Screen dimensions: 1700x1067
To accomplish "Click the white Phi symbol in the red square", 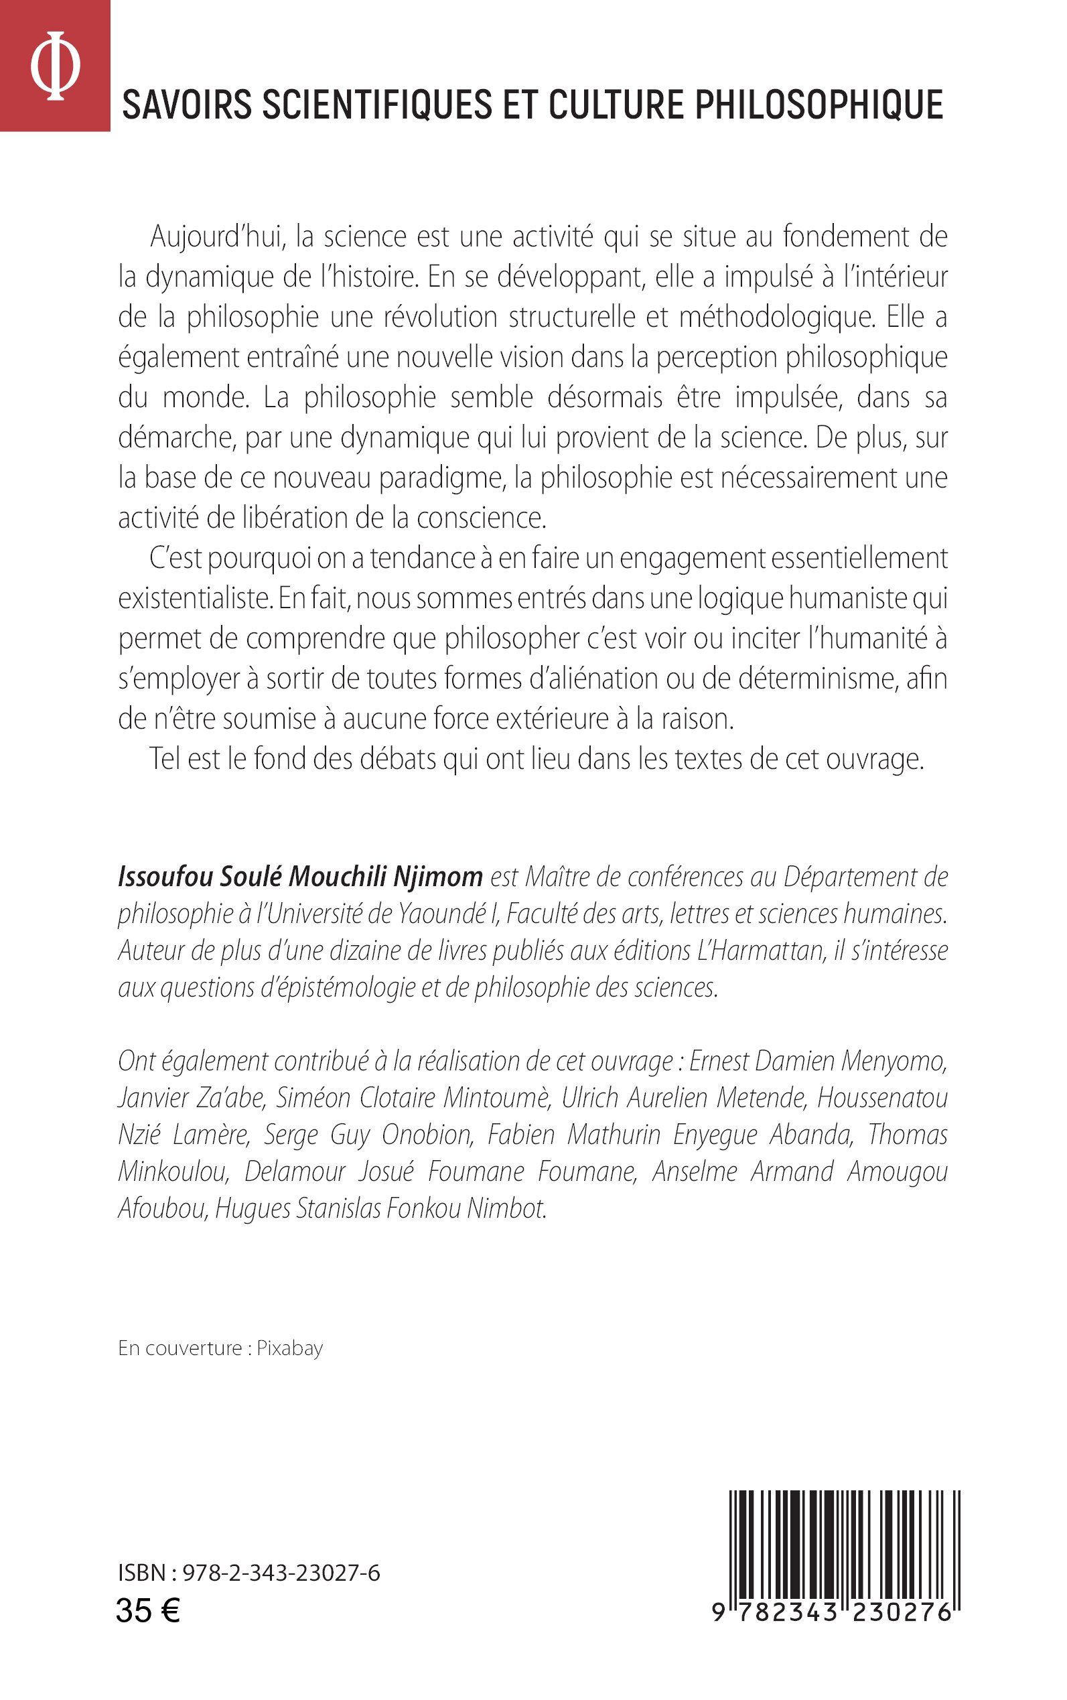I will [55, 66].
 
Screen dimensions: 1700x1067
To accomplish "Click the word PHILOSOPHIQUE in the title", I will [819, 105].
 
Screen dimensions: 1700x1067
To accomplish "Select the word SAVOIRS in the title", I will [187, 105].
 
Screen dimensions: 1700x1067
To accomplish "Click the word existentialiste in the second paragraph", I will [195, 599].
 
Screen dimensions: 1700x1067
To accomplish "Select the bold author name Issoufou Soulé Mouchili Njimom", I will [300, 877].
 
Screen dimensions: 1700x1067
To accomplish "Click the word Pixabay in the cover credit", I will [289, 1348].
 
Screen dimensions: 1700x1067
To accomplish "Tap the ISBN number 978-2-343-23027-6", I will [281, 1573].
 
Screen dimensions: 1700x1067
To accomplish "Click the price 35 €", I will [147, 1611].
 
